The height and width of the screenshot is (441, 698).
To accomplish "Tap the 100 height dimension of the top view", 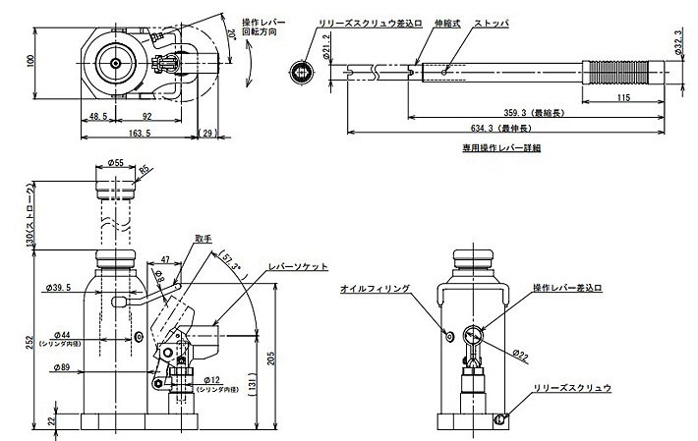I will pyautogui.click(x=30, y=61).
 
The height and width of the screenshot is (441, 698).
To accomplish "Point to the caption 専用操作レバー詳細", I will pyautogui.click(x=501, y=148).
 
